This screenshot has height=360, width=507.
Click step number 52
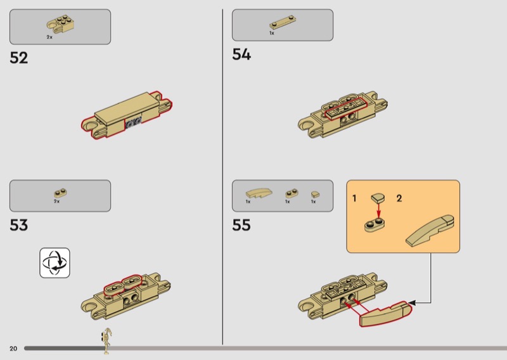coord(19,58)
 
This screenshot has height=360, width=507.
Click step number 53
coord(19,225)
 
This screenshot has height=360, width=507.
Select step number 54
coord(241,55)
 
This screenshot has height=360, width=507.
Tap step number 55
coord(241,225)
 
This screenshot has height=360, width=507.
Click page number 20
coord(13,349)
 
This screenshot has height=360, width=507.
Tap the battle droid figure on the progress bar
coord(106,340)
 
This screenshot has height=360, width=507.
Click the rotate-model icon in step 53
coord(55,262)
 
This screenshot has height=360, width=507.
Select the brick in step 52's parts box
coord(61,23)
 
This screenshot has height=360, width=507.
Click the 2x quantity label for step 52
coord(49,37)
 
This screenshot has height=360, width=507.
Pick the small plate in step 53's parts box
coord(60,193)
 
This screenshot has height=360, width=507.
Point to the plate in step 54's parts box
coord(283,22)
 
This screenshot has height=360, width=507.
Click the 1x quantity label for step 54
coord(272,33)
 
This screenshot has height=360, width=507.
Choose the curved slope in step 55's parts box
coord(259,193)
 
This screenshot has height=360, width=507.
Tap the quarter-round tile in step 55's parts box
coord(315,194)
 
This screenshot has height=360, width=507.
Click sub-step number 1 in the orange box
coord(354,198)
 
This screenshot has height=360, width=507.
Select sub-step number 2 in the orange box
coord(399,198)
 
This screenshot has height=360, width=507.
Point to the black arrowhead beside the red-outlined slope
coord(412,303)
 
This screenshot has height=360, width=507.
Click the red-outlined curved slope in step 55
coord(386,314)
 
